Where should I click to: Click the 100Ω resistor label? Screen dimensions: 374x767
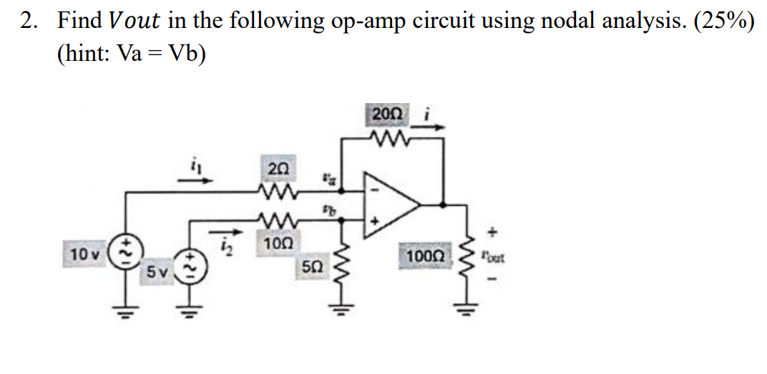[426, 256]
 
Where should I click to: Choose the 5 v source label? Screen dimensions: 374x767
[157, 272]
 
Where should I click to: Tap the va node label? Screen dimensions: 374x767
[327, 174]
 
